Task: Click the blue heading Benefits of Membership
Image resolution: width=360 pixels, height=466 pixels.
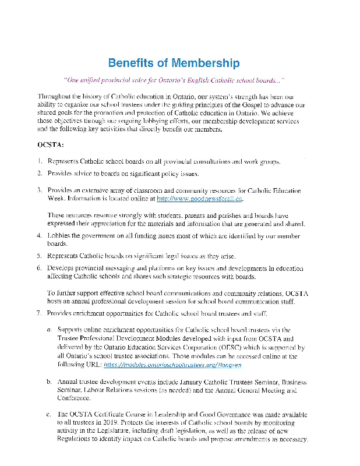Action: tap(173, 63)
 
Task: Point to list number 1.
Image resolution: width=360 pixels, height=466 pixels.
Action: tap(38, 161)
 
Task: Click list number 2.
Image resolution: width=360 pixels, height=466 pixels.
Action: tap(38, 174)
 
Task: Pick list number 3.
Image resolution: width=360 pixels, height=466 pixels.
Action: tap(38, 190)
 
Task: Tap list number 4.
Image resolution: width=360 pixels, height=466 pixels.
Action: tap(38, 236)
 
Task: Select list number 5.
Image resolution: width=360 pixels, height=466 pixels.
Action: tap(38, 256)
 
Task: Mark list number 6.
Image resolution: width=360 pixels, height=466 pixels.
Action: tap(38, 269)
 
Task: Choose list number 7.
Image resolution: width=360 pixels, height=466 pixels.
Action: tap(38, 314)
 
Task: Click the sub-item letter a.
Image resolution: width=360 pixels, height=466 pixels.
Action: tap(48, 330)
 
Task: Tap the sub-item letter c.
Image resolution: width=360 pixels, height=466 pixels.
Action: tap(48, 415)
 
